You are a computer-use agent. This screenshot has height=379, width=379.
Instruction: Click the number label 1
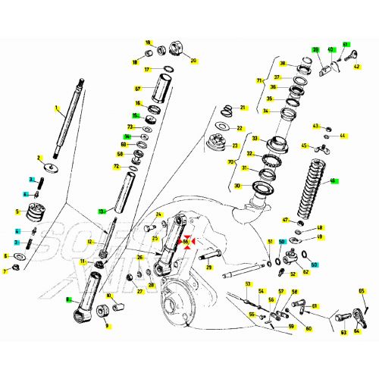point(56,108)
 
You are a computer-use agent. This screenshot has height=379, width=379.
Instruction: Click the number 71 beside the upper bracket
point(258,80)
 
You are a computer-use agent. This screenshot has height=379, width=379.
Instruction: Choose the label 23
point(234,146)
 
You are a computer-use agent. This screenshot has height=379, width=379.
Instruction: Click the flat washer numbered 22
point(223,127)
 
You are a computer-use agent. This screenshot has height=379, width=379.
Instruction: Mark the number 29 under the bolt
point(209,268)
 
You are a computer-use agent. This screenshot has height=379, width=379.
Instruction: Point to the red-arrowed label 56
point(186,242)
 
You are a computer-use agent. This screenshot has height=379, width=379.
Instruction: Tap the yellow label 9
point(106,326)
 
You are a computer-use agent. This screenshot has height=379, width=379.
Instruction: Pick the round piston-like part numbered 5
point(35,211)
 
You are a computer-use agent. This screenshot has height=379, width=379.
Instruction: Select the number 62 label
point(306,271)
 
